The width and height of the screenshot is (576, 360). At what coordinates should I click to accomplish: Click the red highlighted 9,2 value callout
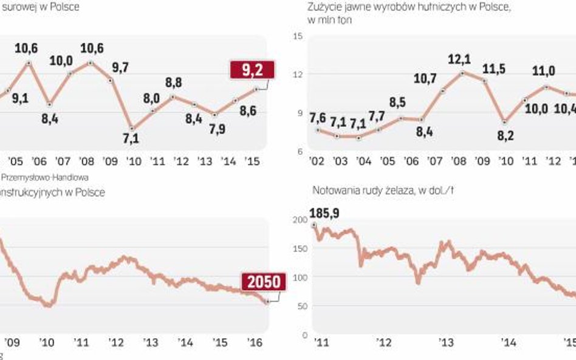tap(252, 70)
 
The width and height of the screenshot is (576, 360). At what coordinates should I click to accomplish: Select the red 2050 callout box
tap(262, 282)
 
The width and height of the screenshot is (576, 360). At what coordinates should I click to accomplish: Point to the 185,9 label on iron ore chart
tap(324, 213)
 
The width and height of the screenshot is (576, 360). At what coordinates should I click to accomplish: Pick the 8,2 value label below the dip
tap(506, 136)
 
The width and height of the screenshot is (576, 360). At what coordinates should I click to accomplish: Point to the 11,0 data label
tap(544, 71)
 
